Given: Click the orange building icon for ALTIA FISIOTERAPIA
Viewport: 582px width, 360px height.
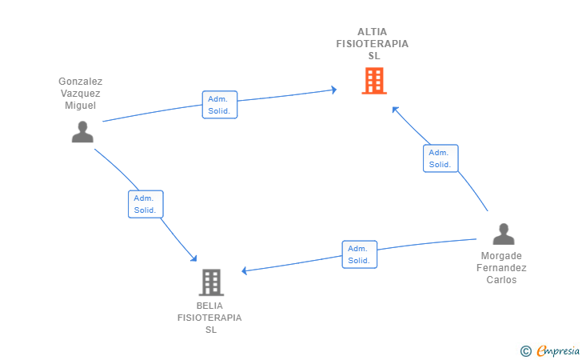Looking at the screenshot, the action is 374,81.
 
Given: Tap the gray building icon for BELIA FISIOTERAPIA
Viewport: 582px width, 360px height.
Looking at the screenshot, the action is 211,282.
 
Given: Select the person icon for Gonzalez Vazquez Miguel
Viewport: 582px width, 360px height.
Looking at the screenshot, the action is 82,132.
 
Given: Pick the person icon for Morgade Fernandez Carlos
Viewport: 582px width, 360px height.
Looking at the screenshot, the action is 504,234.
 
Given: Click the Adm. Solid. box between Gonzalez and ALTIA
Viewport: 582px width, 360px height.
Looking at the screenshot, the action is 220,105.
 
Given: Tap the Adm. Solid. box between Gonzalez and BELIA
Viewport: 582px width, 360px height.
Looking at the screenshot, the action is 145,204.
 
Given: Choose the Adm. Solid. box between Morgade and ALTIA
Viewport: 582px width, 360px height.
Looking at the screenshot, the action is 440,158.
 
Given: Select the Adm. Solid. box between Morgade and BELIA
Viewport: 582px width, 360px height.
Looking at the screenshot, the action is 359,254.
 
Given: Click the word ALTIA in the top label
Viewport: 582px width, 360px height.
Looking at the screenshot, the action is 373,32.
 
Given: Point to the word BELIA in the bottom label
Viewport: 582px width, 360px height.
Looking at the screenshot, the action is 209,306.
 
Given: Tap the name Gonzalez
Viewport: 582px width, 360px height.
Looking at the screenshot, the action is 81,82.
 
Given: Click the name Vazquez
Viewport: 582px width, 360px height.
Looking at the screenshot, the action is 81,94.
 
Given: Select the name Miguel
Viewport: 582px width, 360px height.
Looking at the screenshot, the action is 81,106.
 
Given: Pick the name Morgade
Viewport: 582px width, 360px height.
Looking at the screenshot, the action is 501,256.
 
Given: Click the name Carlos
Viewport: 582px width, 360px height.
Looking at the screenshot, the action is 501,280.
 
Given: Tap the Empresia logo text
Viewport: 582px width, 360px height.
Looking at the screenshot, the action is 558,350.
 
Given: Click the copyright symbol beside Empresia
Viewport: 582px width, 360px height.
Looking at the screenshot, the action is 526,351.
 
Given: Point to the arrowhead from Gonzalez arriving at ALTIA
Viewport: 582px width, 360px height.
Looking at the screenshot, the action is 334,90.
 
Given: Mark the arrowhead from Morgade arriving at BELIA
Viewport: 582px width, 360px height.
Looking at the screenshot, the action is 245,271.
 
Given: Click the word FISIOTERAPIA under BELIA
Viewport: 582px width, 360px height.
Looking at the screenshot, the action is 209,318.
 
